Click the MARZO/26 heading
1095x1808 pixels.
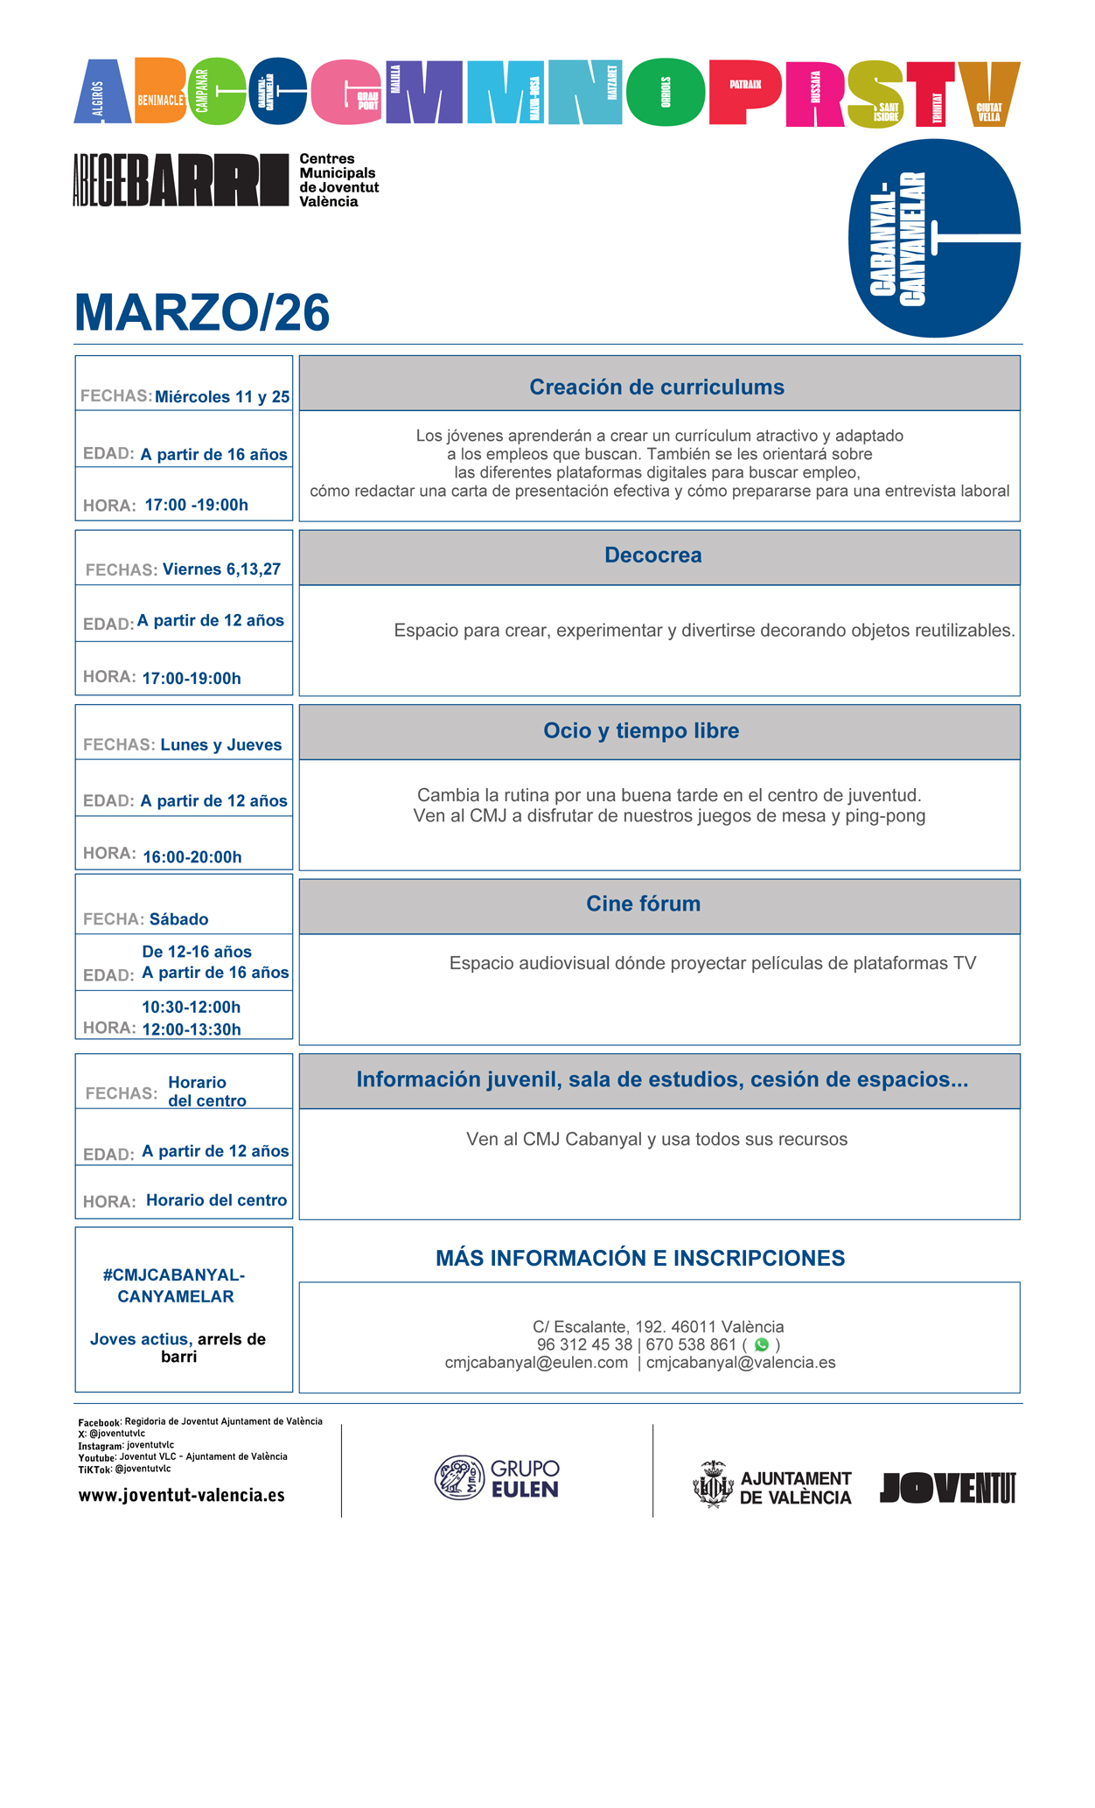(202, 312)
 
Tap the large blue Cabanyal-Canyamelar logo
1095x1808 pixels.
(934, 238)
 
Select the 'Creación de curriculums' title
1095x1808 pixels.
(657, 387)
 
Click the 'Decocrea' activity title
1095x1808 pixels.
(652, 555)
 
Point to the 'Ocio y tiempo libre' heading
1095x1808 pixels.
(641, 730)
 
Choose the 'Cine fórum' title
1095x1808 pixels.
(643, 904)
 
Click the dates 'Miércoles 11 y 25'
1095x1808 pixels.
(222, 397)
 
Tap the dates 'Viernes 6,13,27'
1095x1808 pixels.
(221, 569)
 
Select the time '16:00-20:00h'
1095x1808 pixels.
(192, 857)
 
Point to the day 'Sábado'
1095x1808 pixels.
(178, 919)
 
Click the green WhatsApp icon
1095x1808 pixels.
(761, 1344)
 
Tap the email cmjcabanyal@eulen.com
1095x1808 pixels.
(536, 1363)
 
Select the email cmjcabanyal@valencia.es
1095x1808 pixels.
(741, 1363)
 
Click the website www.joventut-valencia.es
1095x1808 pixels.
(182, 1495)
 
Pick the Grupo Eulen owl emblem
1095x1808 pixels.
(459, 1477)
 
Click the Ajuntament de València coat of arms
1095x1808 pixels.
(713, 1484)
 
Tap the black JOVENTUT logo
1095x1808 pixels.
(947, 1487)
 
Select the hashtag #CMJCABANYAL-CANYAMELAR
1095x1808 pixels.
(175, 1286)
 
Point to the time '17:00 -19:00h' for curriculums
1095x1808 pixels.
(197, 506)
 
